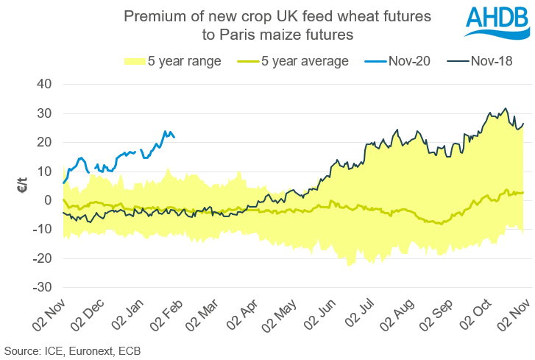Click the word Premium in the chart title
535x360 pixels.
[151, 15]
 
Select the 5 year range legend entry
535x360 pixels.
[174, 62]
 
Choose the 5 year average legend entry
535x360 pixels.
[295, 62]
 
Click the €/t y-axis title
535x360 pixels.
[22, 185]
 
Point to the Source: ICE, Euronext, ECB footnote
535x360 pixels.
[72, 351]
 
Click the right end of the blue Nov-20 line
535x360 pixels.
[174, 136]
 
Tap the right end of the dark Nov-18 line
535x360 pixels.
[523, 123]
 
